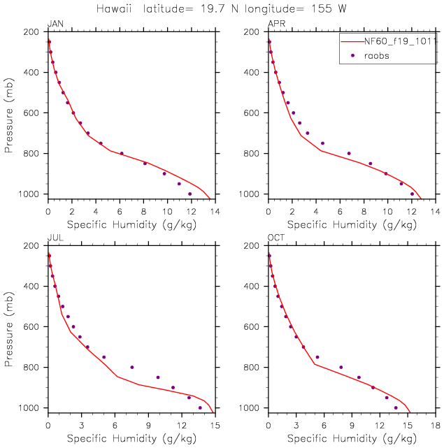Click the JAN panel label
click(x=55, y=24)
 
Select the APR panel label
click(x=276, y=24)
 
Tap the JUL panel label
click(x=55, y=238)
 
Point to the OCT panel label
click(x=276, y=238)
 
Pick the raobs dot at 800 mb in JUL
click(x=131, y=367)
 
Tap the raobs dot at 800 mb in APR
click(x=349, y=153)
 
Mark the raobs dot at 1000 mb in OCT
click(x=396, y=407)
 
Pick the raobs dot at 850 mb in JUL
click(x=158, y=377)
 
